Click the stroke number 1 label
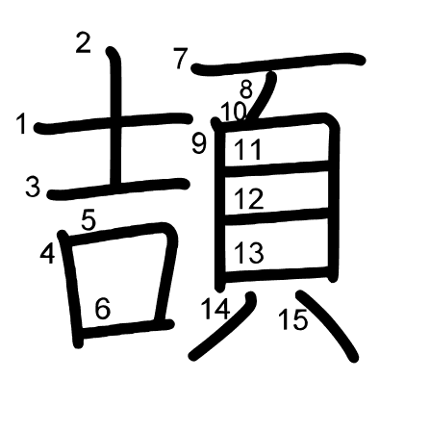click(21, 123)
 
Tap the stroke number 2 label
click(84, 43)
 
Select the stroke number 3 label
click(33, 187)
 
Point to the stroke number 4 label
click(47, 254)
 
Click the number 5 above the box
click(89, 220)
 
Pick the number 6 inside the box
click(103, 309)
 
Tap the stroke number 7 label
click(181, 59)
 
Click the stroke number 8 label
click(246, 89)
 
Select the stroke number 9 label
click(199, 143)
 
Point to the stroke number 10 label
click(234, 112)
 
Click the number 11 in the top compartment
click(248, 150)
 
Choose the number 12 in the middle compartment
click(249, 199)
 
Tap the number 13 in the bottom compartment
click(249, 252)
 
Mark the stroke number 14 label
click(215, 309)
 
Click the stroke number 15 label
click(293, 319)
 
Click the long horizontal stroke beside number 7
click(278, 63)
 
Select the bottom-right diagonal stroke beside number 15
click(327, 324)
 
